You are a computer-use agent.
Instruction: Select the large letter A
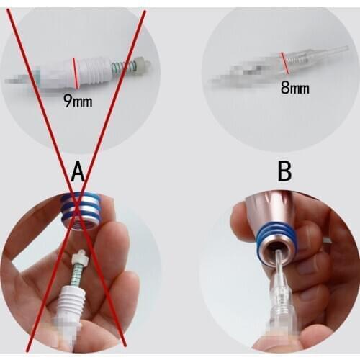pyautogui.click(x=79, y=173)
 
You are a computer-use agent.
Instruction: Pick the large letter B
pyautogui.click(x=284, y=173)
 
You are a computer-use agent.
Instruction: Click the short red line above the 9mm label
pyautogui.click(x=76, y=73)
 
